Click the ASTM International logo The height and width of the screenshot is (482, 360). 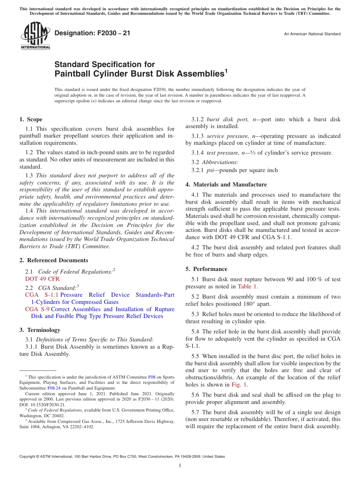pos(35,36)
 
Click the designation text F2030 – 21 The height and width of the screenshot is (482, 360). pos(92,33)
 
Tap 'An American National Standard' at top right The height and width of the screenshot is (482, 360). pos(312,34)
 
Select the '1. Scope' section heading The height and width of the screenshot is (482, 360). pos(31,119)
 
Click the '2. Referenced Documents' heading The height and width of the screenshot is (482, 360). pos(54,260)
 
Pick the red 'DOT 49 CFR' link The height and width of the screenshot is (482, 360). pos(42,279)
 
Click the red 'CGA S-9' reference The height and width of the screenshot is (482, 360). pos(37,309)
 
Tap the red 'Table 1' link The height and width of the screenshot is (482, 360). pos(247,286)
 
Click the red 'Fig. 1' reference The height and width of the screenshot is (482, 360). pos(239,385)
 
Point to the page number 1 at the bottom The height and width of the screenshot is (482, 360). pos(180,465)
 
